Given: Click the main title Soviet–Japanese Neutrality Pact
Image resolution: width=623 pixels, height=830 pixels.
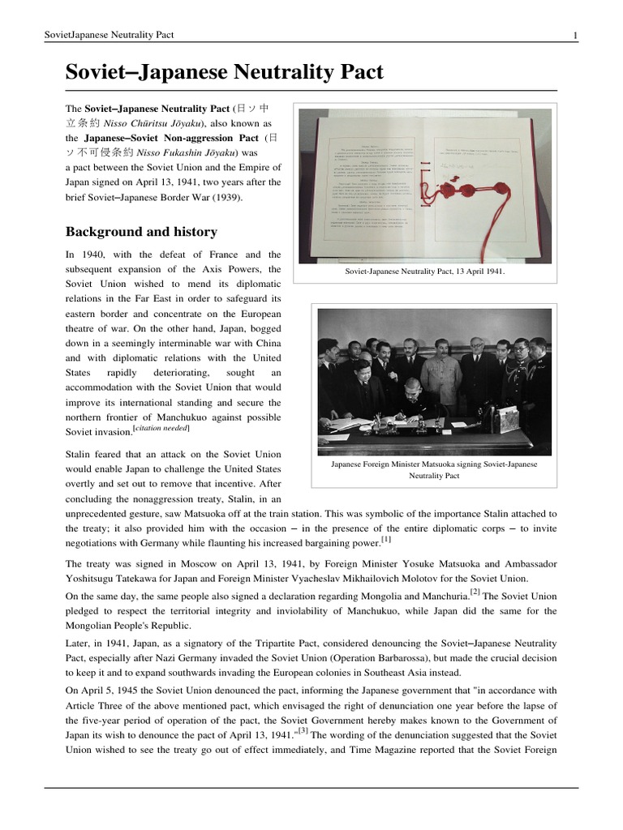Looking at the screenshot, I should click(224, 72).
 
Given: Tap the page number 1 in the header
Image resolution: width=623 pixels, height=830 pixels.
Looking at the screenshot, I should click(574, 34).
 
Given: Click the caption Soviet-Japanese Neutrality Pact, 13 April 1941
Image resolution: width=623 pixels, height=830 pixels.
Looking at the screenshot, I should click(424, 272).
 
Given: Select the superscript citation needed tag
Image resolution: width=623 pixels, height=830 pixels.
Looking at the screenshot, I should click(163, 426).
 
